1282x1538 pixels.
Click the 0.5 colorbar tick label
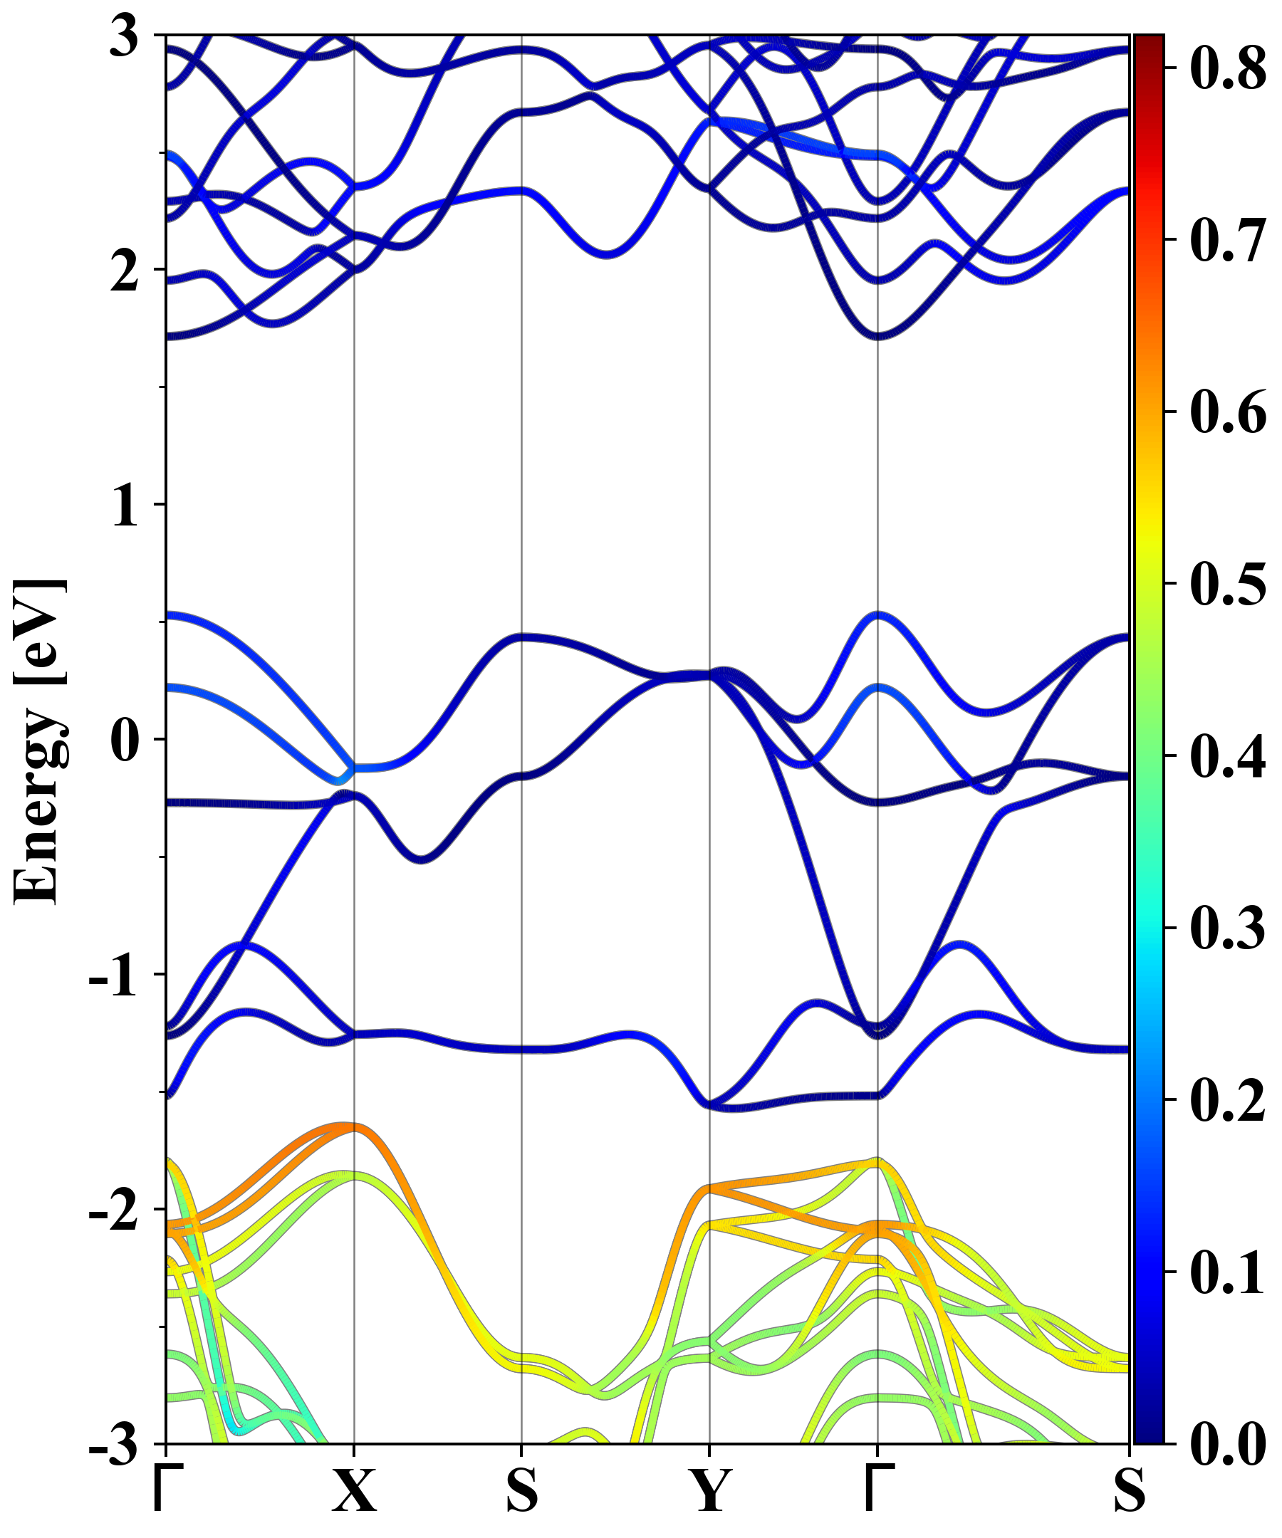point(1228,584)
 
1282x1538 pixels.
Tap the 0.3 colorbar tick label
point(1228,928)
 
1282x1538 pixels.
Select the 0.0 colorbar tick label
point(1228,1443)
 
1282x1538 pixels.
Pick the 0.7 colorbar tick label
point(1228,239)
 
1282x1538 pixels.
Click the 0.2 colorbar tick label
point(1228,1099)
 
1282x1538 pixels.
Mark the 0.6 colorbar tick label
point(1228,412)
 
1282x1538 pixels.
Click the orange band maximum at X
point(355,1127)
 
